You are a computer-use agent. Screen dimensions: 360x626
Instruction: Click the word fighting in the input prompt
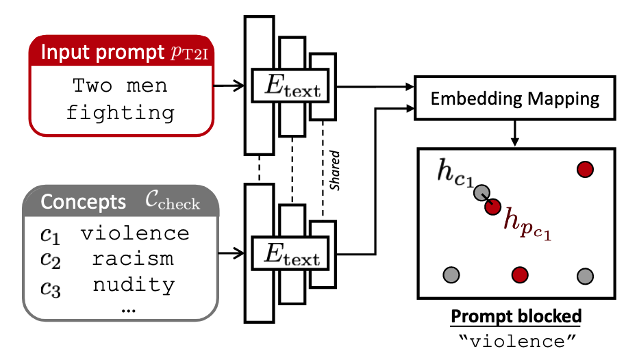120,112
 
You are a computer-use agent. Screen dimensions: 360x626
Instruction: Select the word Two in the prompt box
92,87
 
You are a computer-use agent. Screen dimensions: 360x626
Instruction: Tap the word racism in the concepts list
134,259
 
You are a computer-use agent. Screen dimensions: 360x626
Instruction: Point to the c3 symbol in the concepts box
50,285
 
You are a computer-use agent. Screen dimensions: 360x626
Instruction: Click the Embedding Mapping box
514,99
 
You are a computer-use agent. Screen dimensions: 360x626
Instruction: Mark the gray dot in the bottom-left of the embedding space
451,275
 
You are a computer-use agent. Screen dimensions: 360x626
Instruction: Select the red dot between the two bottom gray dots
518,275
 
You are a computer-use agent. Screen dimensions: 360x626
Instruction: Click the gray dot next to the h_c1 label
482,194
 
